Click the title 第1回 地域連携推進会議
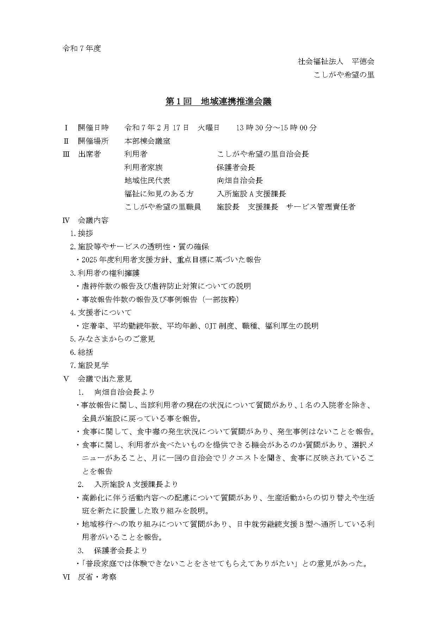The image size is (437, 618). point(218,101)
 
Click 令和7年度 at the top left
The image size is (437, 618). point(82,49)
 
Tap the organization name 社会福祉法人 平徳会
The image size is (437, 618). point(336,62)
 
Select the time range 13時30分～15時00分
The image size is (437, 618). point(276,128)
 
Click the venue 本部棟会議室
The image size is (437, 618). point(147,141)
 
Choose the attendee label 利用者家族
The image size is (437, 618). point(143,167)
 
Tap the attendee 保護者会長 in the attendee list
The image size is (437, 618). point(236,167)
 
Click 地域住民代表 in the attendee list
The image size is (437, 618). point(147,181)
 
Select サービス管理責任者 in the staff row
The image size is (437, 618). point(320,207)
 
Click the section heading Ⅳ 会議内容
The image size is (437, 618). point(86,220)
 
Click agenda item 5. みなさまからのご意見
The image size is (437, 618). point(112,339)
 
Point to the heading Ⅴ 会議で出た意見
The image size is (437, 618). point(97,379)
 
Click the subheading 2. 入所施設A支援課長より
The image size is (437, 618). point(128,485)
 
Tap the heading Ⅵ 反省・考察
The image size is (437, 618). point(89,577)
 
